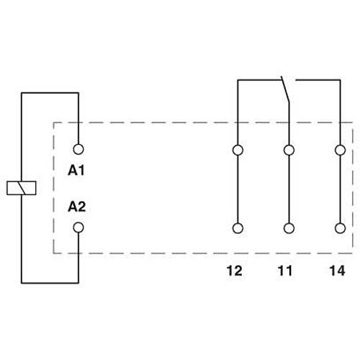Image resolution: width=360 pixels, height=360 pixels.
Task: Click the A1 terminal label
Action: [x=76, y=171]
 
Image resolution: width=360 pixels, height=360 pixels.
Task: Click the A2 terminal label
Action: [x=76, y=207]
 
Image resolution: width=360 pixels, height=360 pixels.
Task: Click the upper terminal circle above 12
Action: [x=237, y=150]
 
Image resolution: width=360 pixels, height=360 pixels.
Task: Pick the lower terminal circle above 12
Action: [x=237, y=228]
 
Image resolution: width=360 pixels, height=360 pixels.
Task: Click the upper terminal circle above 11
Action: [x=289, y=150]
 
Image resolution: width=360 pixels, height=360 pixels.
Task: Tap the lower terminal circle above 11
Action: [x=289, y=228]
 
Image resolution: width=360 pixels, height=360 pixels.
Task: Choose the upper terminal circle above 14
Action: [x=339, y=150]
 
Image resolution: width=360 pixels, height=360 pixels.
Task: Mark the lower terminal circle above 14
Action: [x=339, y=228]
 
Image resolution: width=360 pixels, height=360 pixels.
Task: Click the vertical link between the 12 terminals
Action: [x=237, y=189]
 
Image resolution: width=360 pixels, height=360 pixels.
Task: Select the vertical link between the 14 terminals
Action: [x=339, y=189]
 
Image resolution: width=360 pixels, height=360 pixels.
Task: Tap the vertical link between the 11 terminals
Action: [x=289, y=189]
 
